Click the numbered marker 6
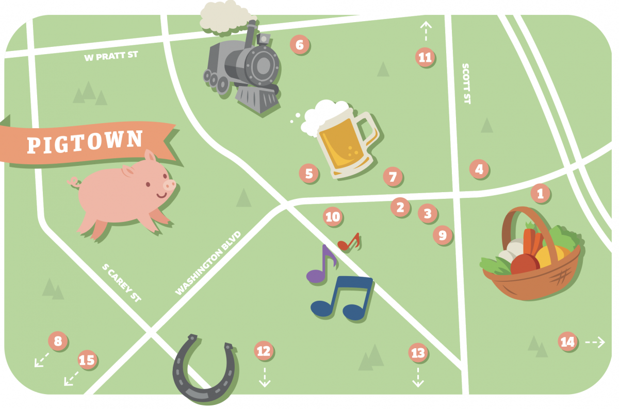300,45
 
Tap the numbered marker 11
425,57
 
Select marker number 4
479,169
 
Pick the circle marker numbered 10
333,217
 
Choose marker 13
417,353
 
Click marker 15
87,360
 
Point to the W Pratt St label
111,55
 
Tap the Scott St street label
466,83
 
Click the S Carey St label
122,282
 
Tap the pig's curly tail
74,181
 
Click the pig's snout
169,184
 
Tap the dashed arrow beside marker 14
595,342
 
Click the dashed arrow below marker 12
264,377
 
